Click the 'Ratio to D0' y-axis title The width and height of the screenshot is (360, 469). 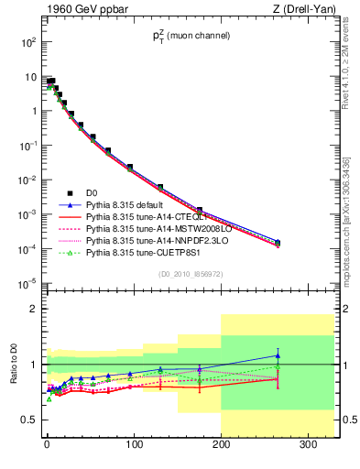coord(13,376)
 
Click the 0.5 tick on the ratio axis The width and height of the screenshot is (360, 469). coord(28,420)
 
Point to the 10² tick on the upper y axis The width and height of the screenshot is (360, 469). coord(27,42)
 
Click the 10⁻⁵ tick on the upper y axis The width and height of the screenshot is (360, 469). coord(27,283)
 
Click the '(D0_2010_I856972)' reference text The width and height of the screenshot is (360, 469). coord(190,274)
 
